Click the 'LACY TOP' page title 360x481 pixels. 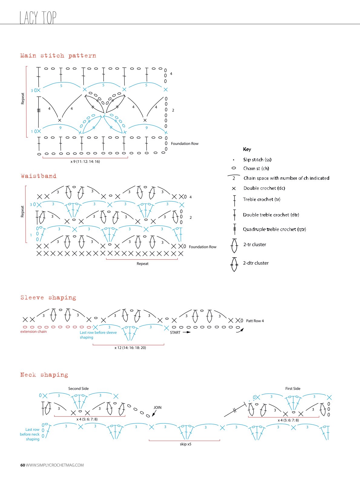(38, 18)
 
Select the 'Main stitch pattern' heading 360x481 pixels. (58, 56)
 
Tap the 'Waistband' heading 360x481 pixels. (39, 176)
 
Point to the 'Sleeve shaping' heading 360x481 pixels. (48, 297)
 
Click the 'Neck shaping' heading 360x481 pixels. (44, 375)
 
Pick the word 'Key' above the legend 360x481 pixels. (247, 149)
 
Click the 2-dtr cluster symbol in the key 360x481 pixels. (234, 264)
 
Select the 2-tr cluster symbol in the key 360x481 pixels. (234, 246)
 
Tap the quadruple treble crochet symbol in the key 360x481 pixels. (235, 229)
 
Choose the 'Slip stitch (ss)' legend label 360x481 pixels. (257, 159)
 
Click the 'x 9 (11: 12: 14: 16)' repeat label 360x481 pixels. (85, 162)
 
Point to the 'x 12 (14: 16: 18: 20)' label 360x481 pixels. (130, 348)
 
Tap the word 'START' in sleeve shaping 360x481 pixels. (175, 332)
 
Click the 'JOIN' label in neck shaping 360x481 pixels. (157, 407)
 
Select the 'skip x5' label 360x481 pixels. (186, 444)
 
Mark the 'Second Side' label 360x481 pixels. (78, 389)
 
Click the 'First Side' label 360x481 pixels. (293, 389)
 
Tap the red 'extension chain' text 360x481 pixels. (34, 332)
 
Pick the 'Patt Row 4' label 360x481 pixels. (255, 321)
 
